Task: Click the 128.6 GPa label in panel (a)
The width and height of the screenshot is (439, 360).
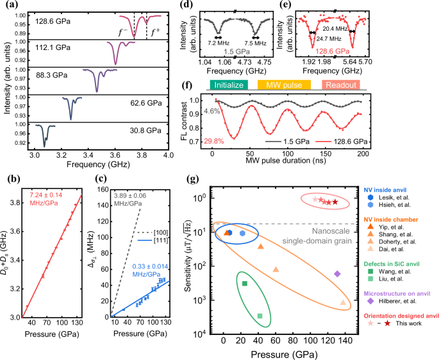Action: tap(53, 21)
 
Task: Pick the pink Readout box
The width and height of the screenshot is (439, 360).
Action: tap(341, 85)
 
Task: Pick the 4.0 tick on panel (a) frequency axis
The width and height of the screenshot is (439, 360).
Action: tap(169, 156)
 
